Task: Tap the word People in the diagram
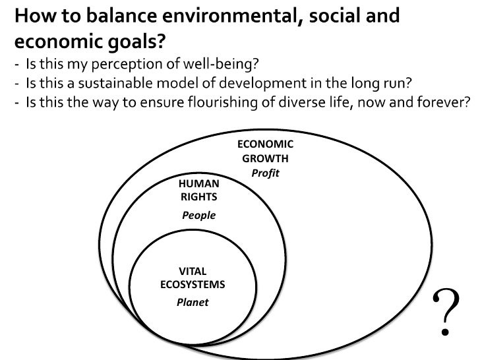coord(198,215)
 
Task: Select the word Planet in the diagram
coord(193,302)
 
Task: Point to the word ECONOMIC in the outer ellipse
coord(265,145)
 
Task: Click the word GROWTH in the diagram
coord(265,159)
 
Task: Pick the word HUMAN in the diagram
coord(198,183)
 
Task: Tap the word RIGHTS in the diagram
coord(198,196)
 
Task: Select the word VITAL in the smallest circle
coord(193,271)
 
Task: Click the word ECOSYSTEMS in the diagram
coord(193,285)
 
